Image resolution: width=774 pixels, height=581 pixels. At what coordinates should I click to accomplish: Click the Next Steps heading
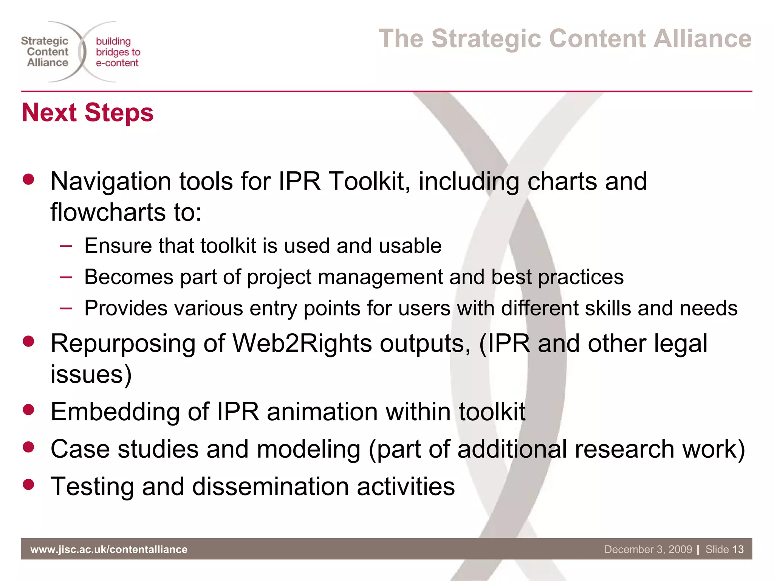pos(88,113)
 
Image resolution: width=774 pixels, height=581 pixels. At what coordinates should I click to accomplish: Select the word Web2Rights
pos(302,343)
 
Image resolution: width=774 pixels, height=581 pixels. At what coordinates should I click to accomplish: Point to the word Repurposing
pos(123,344)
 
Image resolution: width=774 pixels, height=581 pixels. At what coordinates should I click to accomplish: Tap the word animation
pos(322,412)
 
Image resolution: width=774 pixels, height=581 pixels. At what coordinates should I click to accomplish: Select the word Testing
pos(92,487)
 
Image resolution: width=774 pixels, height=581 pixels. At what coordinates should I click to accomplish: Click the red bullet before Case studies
pos(28,447)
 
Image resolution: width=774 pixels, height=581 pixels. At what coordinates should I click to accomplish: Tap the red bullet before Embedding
pos(28,410)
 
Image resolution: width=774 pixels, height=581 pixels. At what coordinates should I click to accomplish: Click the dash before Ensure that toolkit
pos(66,246)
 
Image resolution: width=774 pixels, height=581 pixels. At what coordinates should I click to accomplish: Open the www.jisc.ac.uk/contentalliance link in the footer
pos(109,549)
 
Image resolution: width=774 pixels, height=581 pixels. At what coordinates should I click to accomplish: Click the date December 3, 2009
pos(648,549)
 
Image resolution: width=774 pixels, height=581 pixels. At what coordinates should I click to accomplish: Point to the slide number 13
pos(738,549)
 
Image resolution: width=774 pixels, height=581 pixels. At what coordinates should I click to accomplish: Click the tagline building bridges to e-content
pos(117,52)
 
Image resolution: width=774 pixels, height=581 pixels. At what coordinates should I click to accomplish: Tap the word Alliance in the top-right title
pos(703,39)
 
